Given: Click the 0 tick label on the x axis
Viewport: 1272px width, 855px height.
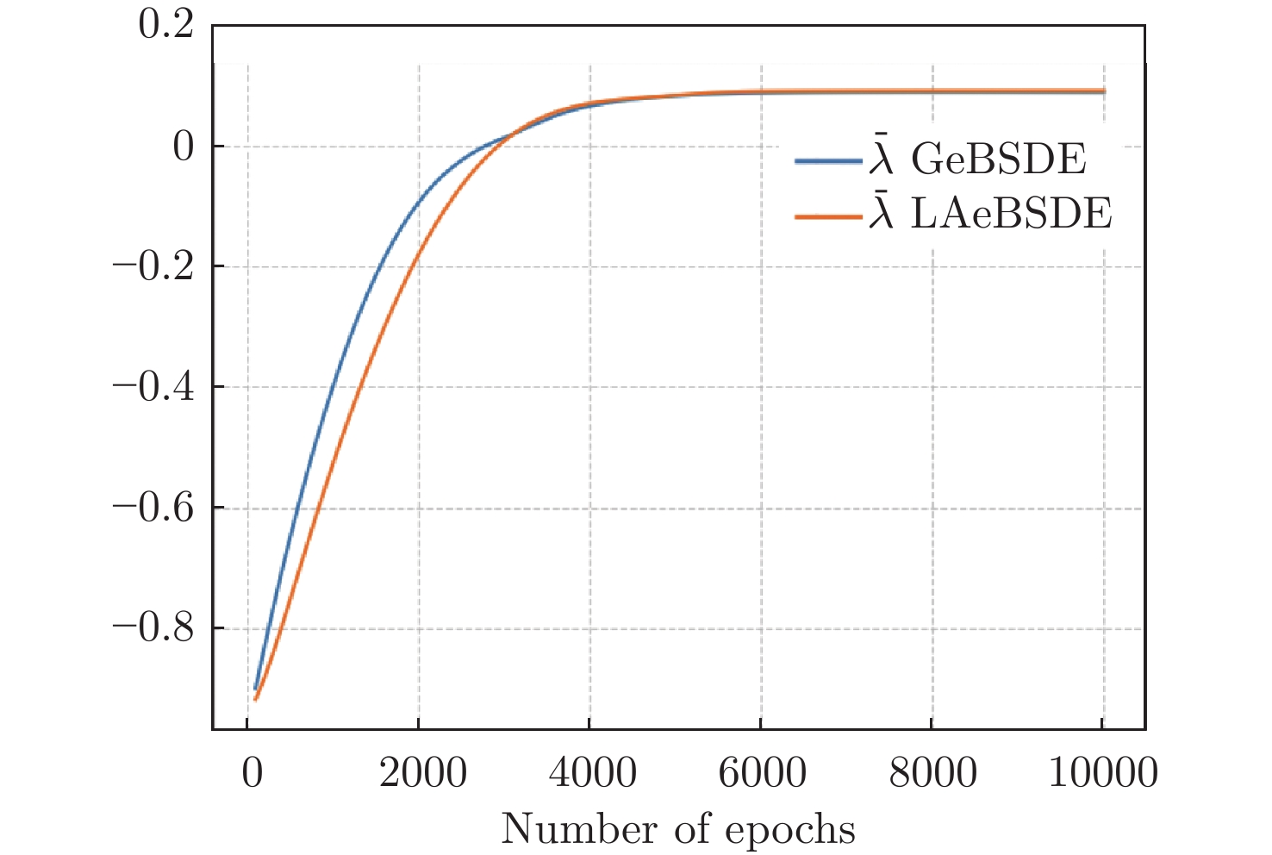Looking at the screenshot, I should [x=252, y=773].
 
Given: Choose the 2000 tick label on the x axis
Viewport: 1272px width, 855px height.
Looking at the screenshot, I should [x=422, y=773].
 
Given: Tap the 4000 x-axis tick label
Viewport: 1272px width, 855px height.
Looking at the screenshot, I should [x=593, y=773].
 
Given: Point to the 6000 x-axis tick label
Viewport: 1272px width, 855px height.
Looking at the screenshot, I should [x=764, y=773].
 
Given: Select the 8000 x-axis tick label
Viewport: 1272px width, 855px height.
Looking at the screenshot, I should [x=934, y=773].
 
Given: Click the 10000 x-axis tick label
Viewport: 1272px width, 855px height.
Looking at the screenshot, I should [x=1103, y=773].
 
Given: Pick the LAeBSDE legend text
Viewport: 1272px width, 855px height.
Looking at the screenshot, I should [x=1011, y=214].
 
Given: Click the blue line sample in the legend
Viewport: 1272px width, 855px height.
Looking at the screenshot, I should [x=828, y=161].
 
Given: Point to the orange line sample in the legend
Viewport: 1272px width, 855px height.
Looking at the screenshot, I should [x=828, y=215].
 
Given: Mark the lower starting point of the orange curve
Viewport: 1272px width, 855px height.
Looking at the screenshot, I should [x=256, y=699].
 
